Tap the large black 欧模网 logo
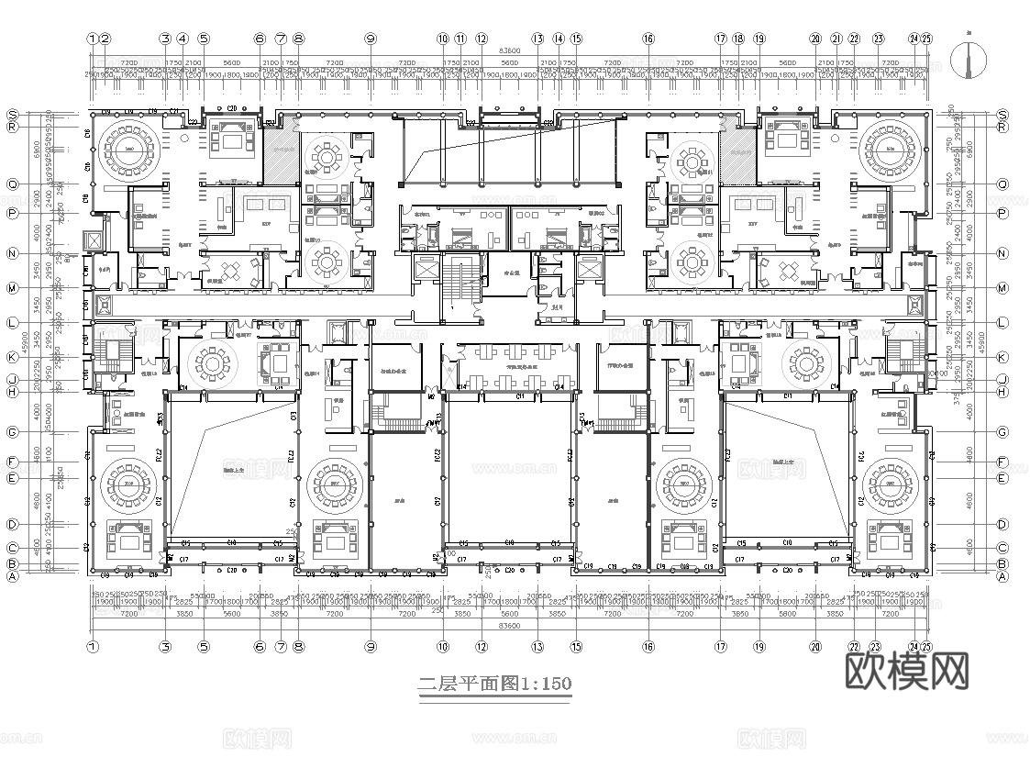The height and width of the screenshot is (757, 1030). click(x=905, y=672)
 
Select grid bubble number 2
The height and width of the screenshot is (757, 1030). click(x=105, y=39)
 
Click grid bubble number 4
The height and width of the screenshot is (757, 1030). click(x=183, y=39)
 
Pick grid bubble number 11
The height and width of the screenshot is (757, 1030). click(x=460, y=39)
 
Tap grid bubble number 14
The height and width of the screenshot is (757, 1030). click(x=559, y=39)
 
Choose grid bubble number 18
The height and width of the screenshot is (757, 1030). click(x=738, y=39)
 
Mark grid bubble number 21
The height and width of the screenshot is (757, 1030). click(x=836, y=39)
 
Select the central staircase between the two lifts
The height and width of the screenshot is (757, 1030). click(x=460, y=287)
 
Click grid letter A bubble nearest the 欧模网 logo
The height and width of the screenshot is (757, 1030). click(x=1002, y=576)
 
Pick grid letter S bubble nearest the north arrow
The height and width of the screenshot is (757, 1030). click(x=1002, y=113)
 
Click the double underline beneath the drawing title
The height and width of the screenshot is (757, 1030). click(x=495, y=698)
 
